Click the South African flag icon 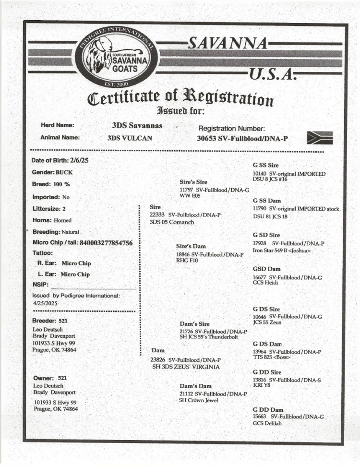tap(320, 138)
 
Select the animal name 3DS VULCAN tap(130, 138)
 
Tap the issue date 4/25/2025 tap(45, 303)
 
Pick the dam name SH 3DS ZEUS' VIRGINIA tap(186, 367)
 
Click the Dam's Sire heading tap(195, 324)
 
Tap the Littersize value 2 tap(64, 209)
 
